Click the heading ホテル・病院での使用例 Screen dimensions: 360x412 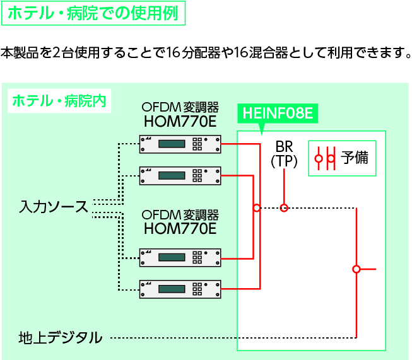(93, 13)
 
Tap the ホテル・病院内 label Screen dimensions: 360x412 (59, 101)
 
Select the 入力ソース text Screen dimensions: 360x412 (53, 207)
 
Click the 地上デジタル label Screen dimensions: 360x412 (61, 338)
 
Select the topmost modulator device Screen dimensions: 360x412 (180, 144)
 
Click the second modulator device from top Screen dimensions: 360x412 (180, 175)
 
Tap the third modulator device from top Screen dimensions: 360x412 (180, 257)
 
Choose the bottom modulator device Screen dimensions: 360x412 (180, 288)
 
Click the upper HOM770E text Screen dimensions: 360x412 (180, 120)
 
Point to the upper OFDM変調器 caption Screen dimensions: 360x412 (180, 106)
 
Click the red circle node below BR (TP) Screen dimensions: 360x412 (284, 207)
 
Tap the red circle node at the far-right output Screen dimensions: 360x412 (356, 269)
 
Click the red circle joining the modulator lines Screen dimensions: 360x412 (256, 207)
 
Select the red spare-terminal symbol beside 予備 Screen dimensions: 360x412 (325, 158)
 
